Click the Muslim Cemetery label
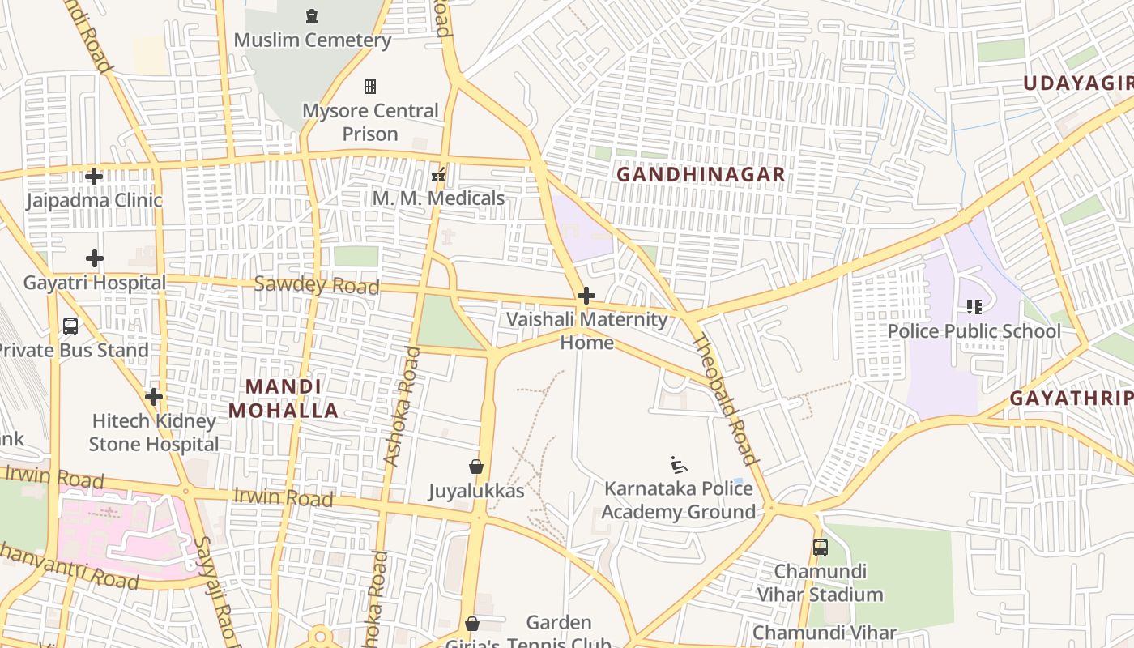(312, 40)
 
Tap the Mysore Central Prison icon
(370, 86)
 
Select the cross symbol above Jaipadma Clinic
(94, 176)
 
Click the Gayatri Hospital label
(94, 283)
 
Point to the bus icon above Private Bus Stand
(70, 326)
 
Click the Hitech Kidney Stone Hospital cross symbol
(154, 397)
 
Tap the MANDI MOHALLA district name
(283, 399)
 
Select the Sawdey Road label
(316, 285)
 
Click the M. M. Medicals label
(438, 198)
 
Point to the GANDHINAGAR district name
(701, 174)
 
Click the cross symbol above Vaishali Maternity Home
(586, 296)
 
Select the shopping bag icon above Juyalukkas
(476, 467)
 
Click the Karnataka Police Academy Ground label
(678, 500)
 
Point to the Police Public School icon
(974, 307)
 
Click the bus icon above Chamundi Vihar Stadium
(821, 548)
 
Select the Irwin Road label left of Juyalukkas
(283, 497)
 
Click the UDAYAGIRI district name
(1077, 83)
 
